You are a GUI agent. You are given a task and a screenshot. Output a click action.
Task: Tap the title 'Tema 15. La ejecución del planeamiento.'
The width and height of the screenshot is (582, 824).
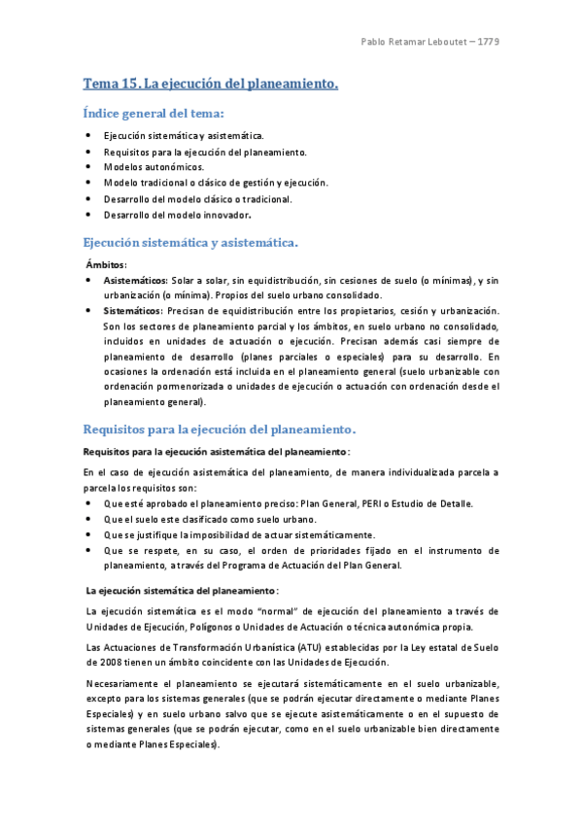[210, 85]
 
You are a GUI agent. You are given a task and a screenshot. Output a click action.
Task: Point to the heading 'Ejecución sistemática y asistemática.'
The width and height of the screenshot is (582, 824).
[190, 241]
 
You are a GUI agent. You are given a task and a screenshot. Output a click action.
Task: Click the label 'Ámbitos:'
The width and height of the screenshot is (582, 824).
[107, 264]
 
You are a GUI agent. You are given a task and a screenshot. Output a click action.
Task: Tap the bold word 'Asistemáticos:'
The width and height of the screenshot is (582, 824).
[136, 280]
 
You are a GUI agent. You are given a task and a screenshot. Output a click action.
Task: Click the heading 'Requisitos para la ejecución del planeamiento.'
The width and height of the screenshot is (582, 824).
[220, 429]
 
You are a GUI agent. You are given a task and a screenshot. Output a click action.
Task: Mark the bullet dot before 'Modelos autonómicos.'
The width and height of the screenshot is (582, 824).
[88, 167]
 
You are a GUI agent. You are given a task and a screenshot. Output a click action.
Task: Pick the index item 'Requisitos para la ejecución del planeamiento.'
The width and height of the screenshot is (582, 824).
[206, 152]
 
